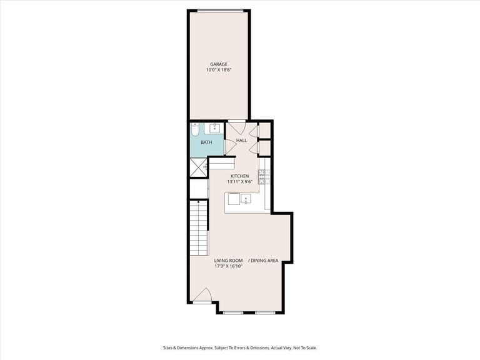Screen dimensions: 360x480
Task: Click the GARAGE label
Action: point(218,64)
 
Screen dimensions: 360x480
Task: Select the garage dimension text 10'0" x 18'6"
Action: point(218,70)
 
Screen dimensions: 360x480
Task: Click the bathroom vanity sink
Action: point(214,129)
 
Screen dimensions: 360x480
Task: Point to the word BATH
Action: point(206,142)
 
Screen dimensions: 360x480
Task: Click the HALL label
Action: point(241,140)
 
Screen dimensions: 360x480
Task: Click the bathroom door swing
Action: point(229,146)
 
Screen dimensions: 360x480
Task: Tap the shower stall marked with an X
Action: point(199,167)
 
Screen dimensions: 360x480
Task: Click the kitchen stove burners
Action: point(264,177)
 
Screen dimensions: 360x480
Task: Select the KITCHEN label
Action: point(240,176)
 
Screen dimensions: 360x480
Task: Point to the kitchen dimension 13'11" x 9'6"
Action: point(240,182)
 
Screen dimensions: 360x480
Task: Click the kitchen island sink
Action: point(246,199)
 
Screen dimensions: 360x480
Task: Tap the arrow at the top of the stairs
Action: point(198,202)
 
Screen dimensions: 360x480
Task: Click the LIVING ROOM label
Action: point(228,260)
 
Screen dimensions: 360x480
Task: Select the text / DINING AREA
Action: point(263,260)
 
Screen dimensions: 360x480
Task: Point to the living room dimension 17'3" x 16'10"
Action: point(228,266)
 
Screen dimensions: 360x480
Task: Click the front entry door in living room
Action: point(202,296)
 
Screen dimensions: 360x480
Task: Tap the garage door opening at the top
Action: point(218,11)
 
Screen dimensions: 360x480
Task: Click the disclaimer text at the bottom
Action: point(240,347)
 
